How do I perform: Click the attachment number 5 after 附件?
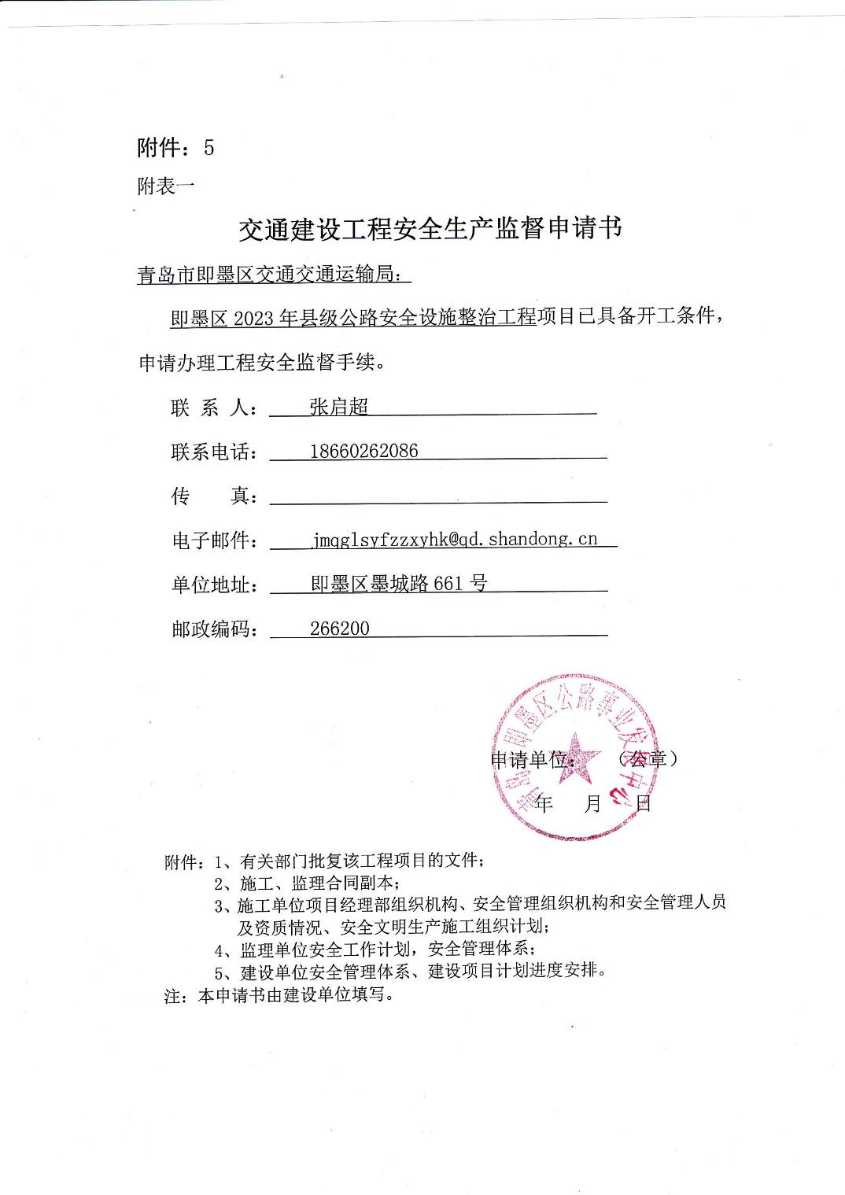[208, 148]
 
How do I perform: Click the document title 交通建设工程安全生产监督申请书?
[430, 228]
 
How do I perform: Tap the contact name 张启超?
[338, 407]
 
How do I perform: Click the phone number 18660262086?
[363, 451]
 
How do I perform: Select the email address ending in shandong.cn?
[454, 539]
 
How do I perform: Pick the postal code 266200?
[339, 628]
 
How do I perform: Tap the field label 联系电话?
[214, 452]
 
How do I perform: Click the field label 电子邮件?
[214, 540]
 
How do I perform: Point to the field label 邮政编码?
[214, 629]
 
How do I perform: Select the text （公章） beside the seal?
[648, 758]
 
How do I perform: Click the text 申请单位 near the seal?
[532, 760]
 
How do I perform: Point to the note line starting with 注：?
[279, 994]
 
